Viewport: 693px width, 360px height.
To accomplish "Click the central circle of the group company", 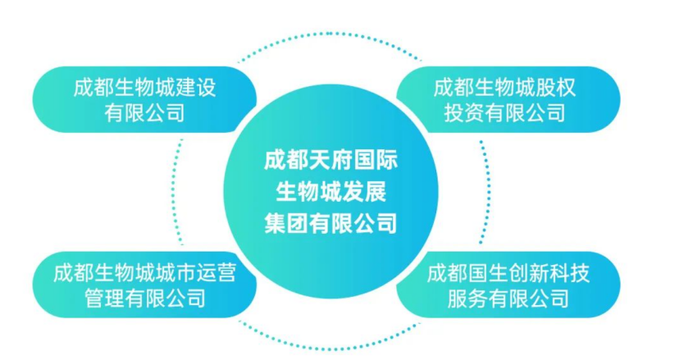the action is (x=331, y=191).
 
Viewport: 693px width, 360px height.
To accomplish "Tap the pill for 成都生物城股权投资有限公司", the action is (x=508, y=99).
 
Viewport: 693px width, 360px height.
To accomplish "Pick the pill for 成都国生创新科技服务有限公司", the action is (x=508, y=285).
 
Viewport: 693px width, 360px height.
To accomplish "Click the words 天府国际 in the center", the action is (x=353, y=160).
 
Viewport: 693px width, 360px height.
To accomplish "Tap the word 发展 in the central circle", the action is (x=364, y=191).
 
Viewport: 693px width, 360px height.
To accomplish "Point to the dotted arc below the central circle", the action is (x=329, y=349).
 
